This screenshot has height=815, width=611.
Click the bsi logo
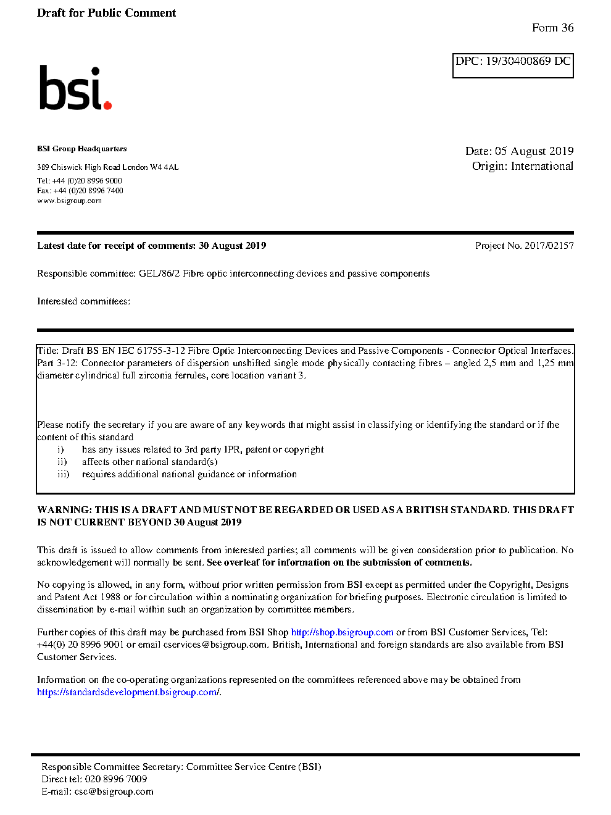75,88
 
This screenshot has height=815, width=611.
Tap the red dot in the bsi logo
107,105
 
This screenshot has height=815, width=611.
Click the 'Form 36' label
552,28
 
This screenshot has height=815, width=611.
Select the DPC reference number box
513,65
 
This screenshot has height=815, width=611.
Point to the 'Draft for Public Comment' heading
106,13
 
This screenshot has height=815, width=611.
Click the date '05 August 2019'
534,151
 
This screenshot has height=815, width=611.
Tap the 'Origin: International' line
522,166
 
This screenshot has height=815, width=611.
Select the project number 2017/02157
549,246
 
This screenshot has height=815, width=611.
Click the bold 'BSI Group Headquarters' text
81,149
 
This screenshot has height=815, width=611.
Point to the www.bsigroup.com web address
69,201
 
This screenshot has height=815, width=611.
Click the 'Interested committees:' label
83,301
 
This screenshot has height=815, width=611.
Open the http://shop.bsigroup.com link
342,632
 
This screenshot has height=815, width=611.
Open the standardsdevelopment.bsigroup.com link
128,692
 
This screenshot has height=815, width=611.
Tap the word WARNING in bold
64,510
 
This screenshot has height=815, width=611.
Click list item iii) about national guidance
189,474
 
